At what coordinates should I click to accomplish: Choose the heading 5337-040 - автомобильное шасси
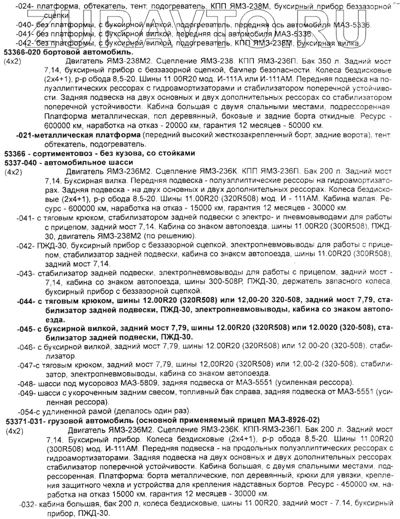(x=68, y=162)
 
